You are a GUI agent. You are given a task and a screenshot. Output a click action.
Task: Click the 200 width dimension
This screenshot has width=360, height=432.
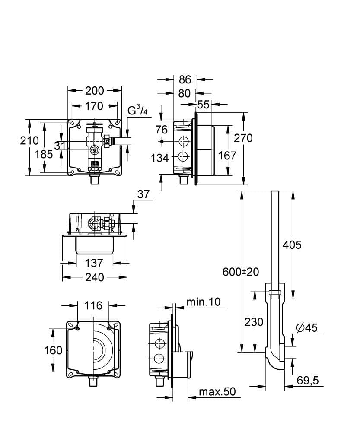coord(95,90)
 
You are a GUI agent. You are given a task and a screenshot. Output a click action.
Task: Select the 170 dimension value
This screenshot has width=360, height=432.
coord(94,106)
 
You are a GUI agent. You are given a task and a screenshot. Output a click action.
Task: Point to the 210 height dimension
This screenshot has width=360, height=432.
coord(29,140)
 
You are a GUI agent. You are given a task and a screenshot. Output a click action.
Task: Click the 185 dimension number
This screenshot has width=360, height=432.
coord(44,154)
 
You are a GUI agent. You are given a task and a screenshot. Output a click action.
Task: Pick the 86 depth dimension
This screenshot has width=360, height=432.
coord(185,79)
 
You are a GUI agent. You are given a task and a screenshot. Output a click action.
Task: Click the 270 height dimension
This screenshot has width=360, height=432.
coord(243,138)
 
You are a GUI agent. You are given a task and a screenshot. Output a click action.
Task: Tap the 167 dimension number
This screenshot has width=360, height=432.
coord(227,155)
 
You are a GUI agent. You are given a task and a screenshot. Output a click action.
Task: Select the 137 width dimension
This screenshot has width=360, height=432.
coord(94,263)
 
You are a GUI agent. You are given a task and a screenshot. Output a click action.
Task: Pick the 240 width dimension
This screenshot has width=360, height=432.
coord(94,277)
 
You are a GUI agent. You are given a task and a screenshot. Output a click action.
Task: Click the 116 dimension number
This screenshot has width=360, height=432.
coord(93,305)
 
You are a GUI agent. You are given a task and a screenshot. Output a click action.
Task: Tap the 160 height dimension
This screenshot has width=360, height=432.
coord(54,350)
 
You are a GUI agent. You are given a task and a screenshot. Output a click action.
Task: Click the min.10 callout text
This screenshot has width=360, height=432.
coord(203,302)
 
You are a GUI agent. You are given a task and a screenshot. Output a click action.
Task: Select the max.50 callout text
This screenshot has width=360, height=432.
coord(217,392)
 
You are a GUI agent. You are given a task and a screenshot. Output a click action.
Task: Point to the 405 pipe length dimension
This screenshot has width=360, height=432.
coord(292,245)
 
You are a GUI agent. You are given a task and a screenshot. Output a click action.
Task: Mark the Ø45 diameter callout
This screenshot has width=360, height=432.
coord(307,328)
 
